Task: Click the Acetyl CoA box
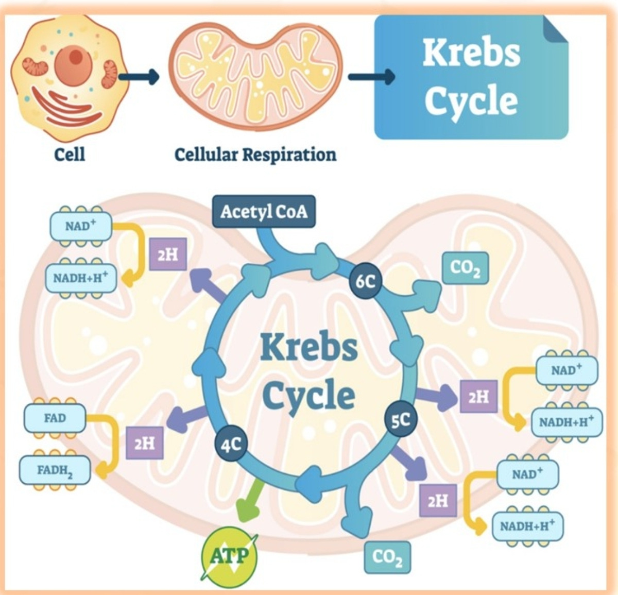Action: (264, 211)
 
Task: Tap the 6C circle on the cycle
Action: (365, 281)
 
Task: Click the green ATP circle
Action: (229, 555)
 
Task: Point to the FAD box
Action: (55, 418)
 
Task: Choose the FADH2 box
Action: (55, 470)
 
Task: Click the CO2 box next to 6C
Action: (465, 268)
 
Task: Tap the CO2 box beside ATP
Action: (387, 557)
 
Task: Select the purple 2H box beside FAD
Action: (145, 443)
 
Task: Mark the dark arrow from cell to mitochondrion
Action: (139, 77)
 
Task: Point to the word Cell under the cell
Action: (70, 155)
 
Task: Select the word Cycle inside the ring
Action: (308, 396)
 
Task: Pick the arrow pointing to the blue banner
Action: (372, 77)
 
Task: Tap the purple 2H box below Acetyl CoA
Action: (168, 254)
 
